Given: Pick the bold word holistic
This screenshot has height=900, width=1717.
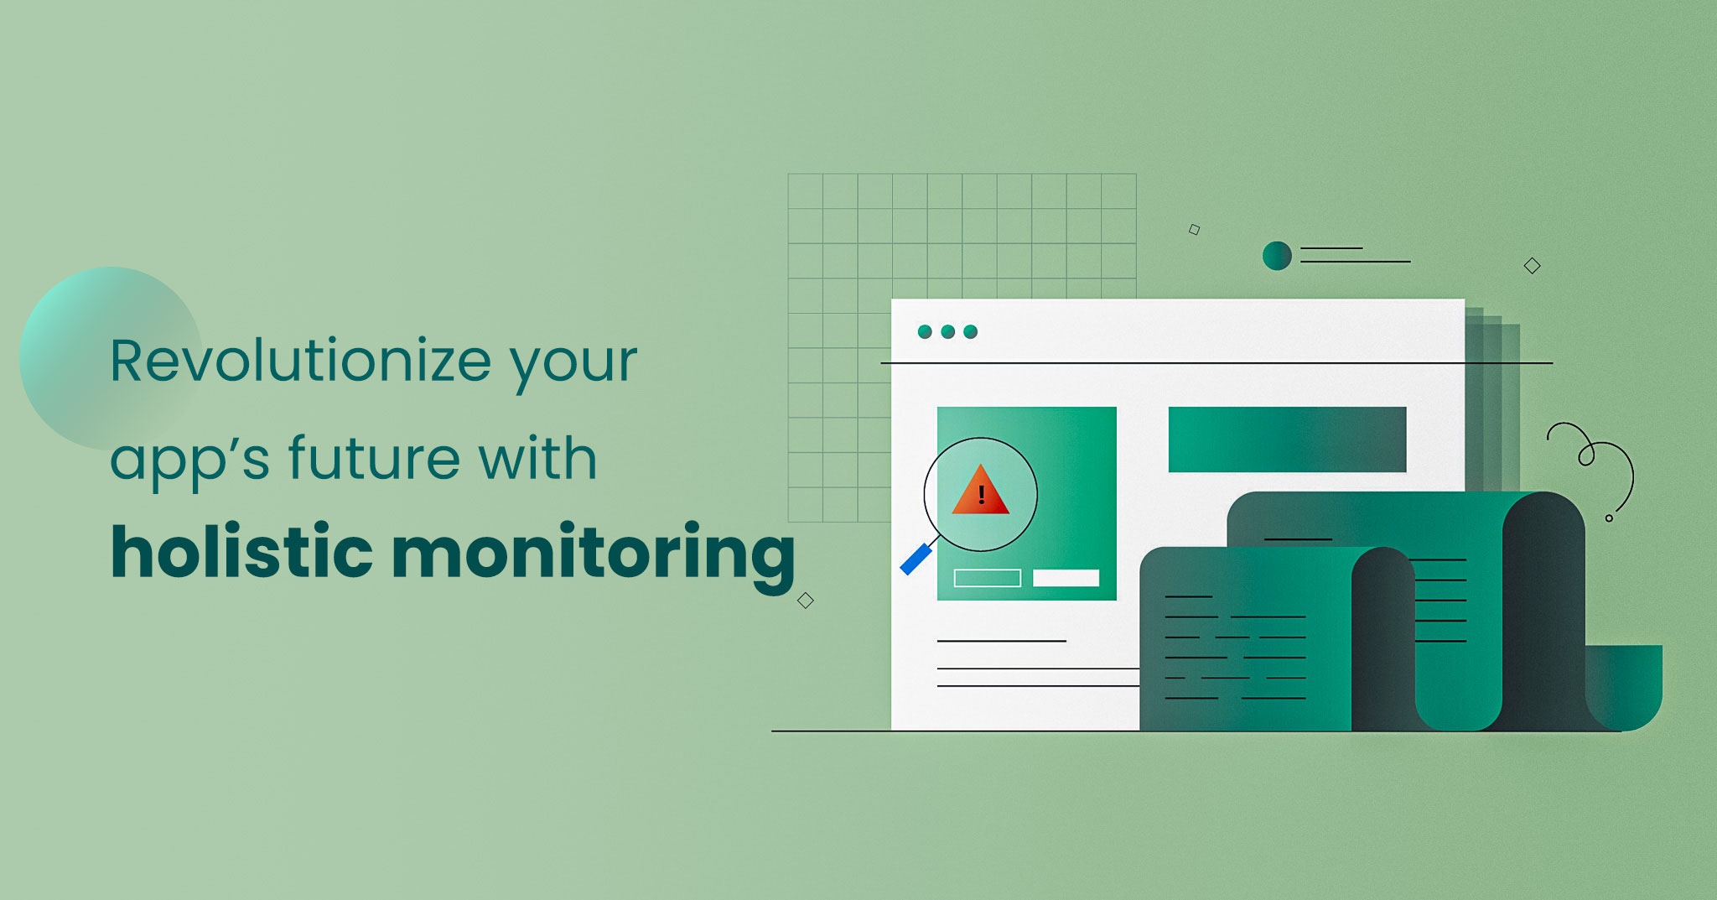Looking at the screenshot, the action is coord(241,550).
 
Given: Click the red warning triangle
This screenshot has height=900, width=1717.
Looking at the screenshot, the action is coord(980,492).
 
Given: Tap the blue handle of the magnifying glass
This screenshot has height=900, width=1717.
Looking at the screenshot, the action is coord(916,559).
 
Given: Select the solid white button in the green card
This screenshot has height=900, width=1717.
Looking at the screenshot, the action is coord(1066,578).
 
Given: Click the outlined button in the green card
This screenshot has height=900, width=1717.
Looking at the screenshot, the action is coord(988,578).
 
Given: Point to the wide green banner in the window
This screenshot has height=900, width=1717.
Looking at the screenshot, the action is coord(1287,440).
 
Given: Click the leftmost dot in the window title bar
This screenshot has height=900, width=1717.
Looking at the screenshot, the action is coord(925,331).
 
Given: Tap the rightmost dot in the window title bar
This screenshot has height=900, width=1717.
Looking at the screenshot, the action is coord(971,331).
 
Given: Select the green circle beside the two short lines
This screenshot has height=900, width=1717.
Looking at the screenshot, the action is coord(1277,256).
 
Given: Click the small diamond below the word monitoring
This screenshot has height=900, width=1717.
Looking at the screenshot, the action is coord(806,601).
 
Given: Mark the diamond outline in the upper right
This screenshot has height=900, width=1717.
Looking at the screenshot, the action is coord(1532,266).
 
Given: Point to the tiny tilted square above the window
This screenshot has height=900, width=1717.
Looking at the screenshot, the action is coord(1194,230).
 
